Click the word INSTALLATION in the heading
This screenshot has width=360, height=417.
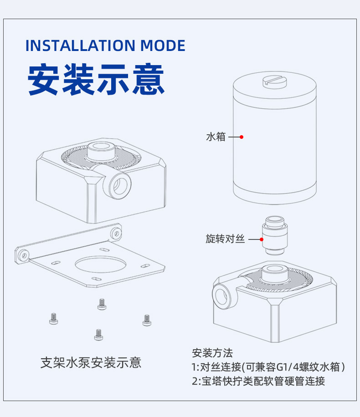pyautogui.click(x=81, y=46)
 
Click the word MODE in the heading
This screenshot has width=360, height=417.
pyautogui.click(x=163, y=46)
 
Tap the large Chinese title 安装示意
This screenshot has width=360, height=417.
pyautogui.click(x=96, y=79)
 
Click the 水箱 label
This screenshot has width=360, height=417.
pyautogui.click(x=216, y=137)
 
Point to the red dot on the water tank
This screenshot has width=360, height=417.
pyautogui.click(x=242, y=137)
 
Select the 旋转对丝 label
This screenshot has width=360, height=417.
pyautogui.click(x=225, y=239)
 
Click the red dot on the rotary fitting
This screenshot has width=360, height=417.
pyautogui.click(x=262, y=239)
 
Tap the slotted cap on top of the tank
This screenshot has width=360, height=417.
pyautogui.click(x=274, y=81)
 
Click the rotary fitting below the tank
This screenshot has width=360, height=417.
pyautogui.click(x=275, y=235)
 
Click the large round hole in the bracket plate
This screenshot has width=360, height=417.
pyautogui.click(x=100, y=264)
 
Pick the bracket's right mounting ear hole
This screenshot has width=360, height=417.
pyautogui.click(x=116, y=234)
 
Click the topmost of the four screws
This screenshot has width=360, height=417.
pyautogui.click(x=102, y=304)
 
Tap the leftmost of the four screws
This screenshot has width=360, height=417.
pyautogui.click(x=53, y=319)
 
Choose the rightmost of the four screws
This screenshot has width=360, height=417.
pyautogui.click(x=147, y=320)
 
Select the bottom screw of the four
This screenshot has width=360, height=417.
pyautogui.click(x=98, y=335)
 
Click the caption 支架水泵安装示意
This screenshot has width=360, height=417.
pyautogui.click(x=91, y=362)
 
